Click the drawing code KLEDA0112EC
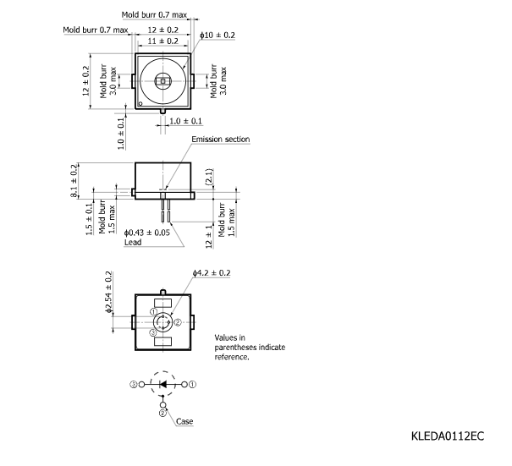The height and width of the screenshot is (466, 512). tap(448, 436)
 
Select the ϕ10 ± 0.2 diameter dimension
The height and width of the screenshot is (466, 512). tap(217, 35)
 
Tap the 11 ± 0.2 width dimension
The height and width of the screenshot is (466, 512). tap(163, 41)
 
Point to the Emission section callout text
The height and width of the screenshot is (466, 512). tap(220, 140)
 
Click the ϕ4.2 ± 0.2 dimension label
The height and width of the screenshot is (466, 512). tap(212, 273)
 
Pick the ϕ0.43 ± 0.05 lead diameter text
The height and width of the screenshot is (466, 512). tap(147, 233)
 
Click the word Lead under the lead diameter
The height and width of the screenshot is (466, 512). tap(133, 242)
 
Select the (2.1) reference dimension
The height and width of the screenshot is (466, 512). tap(209, 177)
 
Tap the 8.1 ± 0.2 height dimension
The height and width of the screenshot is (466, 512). tap(74, 181)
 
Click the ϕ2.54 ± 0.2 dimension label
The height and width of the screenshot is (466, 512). tap(108, 292)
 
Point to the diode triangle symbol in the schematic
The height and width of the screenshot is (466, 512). tap(162, 385)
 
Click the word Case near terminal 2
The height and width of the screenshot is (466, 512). tap(184, 421)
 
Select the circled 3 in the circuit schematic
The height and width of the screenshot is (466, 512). tap(134, 385)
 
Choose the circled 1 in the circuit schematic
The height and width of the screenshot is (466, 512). tap(193, 385)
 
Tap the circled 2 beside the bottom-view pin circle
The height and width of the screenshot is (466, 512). tap(178, 322)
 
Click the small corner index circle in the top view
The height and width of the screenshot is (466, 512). tap(140, 104)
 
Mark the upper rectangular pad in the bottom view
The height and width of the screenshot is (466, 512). tap(162, 303)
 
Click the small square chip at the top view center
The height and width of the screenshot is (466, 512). tap(163, 80)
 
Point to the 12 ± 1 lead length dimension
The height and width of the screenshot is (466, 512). tap(209, 237)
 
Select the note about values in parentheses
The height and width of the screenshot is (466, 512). tap(250, 347)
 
